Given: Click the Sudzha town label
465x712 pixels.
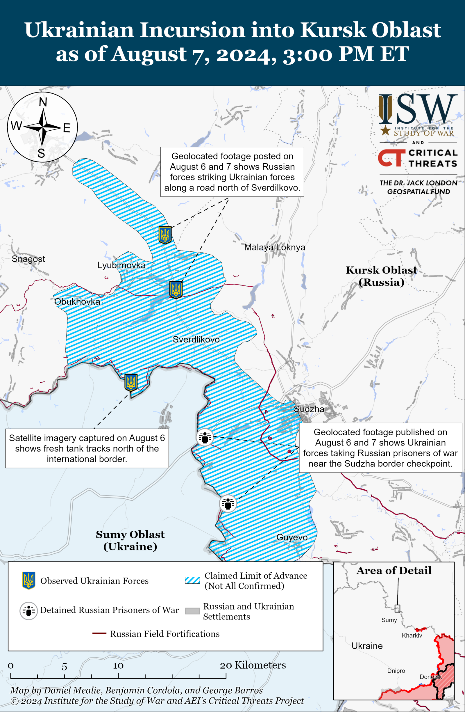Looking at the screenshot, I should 309,409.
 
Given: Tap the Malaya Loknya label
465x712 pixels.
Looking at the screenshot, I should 274,247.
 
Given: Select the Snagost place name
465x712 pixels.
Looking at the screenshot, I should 28,259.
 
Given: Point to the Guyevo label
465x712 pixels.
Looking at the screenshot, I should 292,537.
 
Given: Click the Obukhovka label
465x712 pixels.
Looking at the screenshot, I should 77,301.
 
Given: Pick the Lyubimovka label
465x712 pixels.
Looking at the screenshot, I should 121,265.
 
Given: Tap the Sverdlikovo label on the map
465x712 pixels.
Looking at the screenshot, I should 196,339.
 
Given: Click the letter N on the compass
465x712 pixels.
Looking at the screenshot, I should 43,102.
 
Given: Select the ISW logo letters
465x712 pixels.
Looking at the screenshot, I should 418,109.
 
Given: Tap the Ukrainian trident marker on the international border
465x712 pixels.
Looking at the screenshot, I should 131,382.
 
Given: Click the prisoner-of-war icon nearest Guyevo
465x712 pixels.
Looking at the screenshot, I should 228,503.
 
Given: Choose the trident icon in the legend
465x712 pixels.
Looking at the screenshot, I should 29,581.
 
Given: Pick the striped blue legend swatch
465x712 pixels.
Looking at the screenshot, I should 192,580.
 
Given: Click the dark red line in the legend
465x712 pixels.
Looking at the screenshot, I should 99,633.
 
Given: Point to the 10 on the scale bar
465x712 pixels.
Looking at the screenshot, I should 118,666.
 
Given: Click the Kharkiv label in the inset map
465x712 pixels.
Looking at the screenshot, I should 412,635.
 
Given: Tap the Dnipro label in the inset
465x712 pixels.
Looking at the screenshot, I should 396,671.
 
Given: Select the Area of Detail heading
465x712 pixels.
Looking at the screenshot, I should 394,571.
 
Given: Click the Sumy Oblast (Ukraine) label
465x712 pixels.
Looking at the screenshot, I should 130,540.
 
